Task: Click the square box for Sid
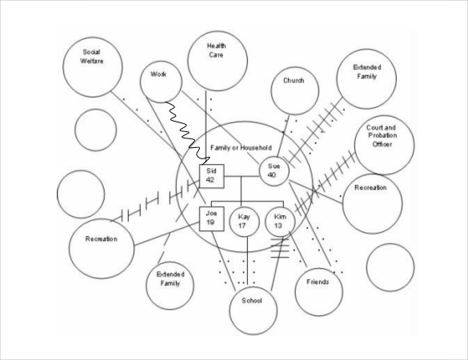tap(212, 176)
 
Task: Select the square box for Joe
tap(212, 219)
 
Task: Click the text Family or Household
tap(241, 148)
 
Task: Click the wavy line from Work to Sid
tap(186, 134)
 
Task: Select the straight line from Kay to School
tap(247, 261)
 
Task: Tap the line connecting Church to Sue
tap(283, 136)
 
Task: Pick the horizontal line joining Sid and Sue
tap(242, 177)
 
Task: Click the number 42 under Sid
tap(210, 180)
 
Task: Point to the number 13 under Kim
tap(278, 226)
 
